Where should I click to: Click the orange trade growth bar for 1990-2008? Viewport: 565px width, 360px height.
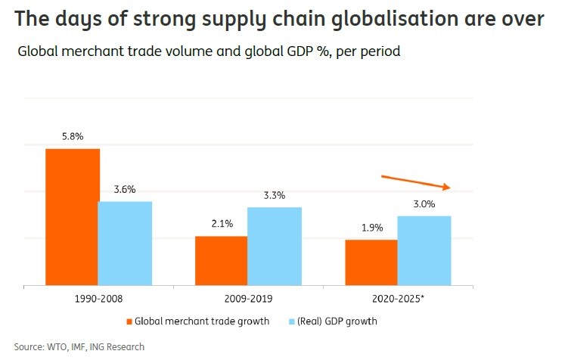(73, 217)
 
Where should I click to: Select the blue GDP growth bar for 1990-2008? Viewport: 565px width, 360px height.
(125, 244)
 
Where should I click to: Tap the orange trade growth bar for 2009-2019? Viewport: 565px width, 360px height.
(221, 261)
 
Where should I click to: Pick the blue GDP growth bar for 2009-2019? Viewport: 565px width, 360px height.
(275, 247)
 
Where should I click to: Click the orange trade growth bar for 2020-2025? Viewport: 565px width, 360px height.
(371, 262)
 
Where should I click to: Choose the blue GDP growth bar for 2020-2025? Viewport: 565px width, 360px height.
(424, 250)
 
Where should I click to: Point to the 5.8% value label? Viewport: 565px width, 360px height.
(73, 137)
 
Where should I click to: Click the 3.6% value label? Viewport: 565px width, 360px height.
(125, 190)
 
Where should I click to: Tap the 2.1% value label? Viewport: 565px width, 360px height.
(222, 224)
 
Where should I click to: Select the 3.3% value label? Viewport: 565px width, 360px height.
(275, 195)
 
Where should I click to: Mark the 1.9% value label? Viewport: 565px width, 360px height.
(371, 228)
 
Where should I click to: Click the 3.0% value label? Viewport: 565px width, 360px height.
(424, 204)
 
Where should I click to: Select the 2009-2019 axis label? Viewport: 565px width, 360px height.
(248, 299)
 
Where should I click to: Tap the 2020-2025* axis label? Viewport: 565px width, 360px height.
(399, 299)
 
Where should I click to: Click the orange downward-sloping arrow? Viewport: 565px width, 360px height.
(416, 182)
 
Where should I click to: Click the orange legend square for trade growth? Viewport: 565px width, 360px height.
(129, 321)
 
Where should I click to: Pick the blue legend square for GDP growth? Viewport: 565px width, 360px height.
(293, 321)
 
